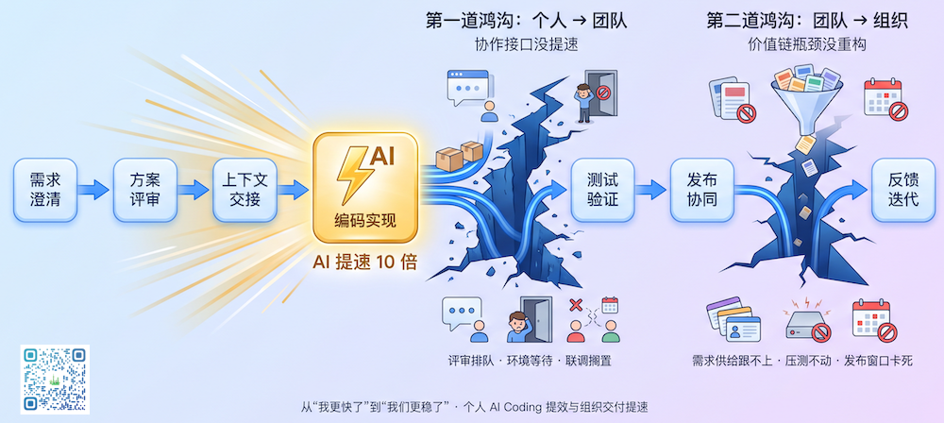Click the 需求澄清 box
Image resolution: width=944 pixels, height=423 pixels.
point(45,190)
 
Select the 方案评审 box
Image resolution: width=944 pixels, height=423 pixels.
point(145,190)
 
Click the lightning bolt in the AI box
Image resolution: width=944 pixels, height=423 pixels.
point(351,174)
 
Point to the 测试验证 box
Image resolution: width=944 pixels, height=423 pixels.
point(602,190)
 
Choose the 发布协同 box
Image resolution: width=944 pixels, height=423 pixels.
point(702,190)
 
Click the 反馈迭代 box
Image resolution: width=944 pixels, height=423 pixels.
point(903,190)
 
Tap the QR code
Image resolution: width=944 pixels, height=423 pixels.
point(55,379)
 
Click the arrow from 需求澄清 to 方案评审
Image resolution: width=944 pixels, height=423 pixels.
point(95,190)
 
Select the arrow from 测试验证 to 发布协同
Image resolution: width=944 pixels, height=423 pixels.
point(652,190)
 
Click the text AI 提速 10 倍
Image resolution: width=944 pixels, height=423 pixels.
point(364,262)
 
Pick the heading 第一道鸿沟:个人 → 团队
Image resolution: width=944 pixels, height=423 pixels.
point(526,21)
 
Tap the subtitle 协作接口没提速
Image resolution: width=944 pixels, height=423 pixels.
point(526,45)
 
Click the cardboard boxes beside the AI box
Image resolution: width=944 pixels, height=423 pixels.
point(459,155)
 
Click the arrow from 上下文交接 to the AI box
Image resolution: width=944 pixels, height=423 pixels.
point(295,190)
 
